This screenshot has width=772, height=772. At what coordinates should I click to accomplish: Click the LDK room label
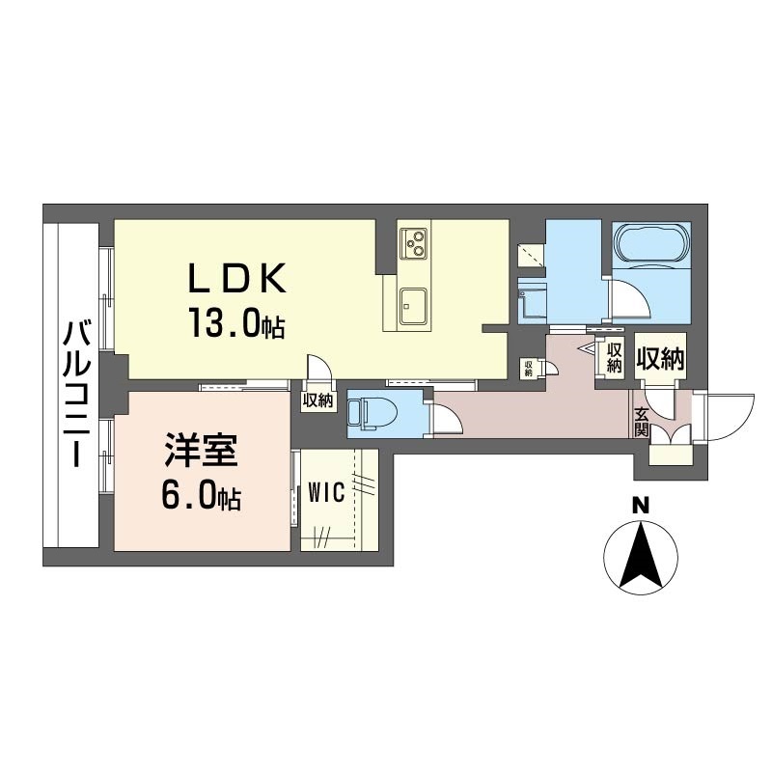(x=236, y=278)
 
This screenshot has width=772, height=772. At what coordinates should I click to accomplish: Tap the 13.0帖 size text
(x=236, y=322)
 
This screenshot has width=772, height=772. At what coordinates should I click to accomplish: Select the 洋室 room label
(x=202, y=450)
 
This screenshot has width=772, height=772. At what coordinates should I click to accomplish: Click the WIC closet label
(x=326, y=492)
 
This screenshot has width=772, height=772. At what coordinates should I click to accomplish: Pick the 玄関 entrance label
(x=641, y=422)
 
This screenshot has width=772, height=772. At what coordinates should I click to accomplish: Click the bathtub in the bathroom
(x=651, y=245)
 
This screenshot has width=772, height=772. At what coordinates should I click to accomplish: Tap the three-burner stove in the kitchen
(x=414, y=243)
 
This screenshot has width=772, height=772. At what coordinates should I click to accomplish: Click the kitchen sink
(x=413, y=305)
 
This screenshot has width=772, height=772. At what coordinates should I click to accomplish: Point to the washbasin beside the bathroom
(x=533, y=300)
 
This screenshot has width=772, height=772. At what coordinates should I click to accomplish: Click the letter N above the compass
(x=640, y=505)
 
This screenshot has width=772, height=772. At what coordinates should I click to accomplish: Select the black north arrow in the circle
(x=641, y=557)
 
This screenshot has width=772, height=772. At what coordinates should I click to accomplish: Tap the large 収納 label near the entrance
(x=660, y=359)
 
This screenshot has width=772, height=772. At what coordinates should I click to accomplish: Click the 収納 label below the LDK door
(x=318, y=401)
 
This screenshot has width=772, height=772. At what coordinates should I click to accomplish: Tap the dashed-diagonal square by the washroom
(x=532, y=255)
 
